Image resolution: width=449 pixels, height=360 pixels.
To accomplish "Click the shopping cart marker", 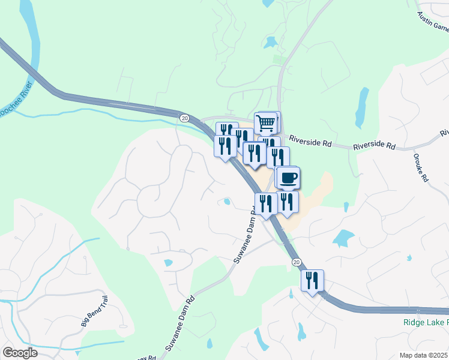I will click(266, 124).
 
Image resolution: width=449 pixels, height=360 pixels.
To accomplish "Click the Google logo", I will click(20, 353).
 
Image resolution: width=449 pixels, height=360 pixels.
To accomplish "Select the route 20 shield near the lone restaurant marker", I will click(296, 262).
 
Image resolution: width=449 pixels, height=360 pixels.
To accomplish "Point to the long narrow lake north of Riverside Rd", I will click(362, 108).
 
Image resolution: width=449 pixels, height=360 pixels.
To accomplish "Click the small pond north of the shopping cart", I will click(270, 42).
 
